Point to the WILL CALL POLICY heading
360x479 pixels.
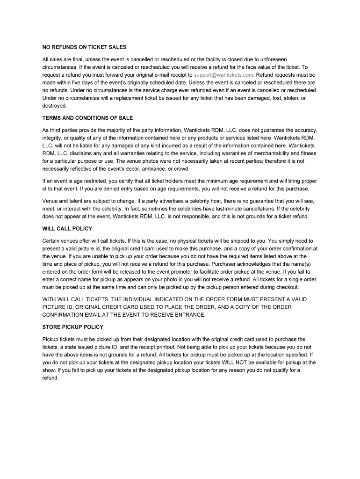pyautogui.click(x=67, y=229)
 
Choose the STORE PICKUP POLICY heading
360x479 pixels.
pyautogui.click(x=72, y=327)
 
